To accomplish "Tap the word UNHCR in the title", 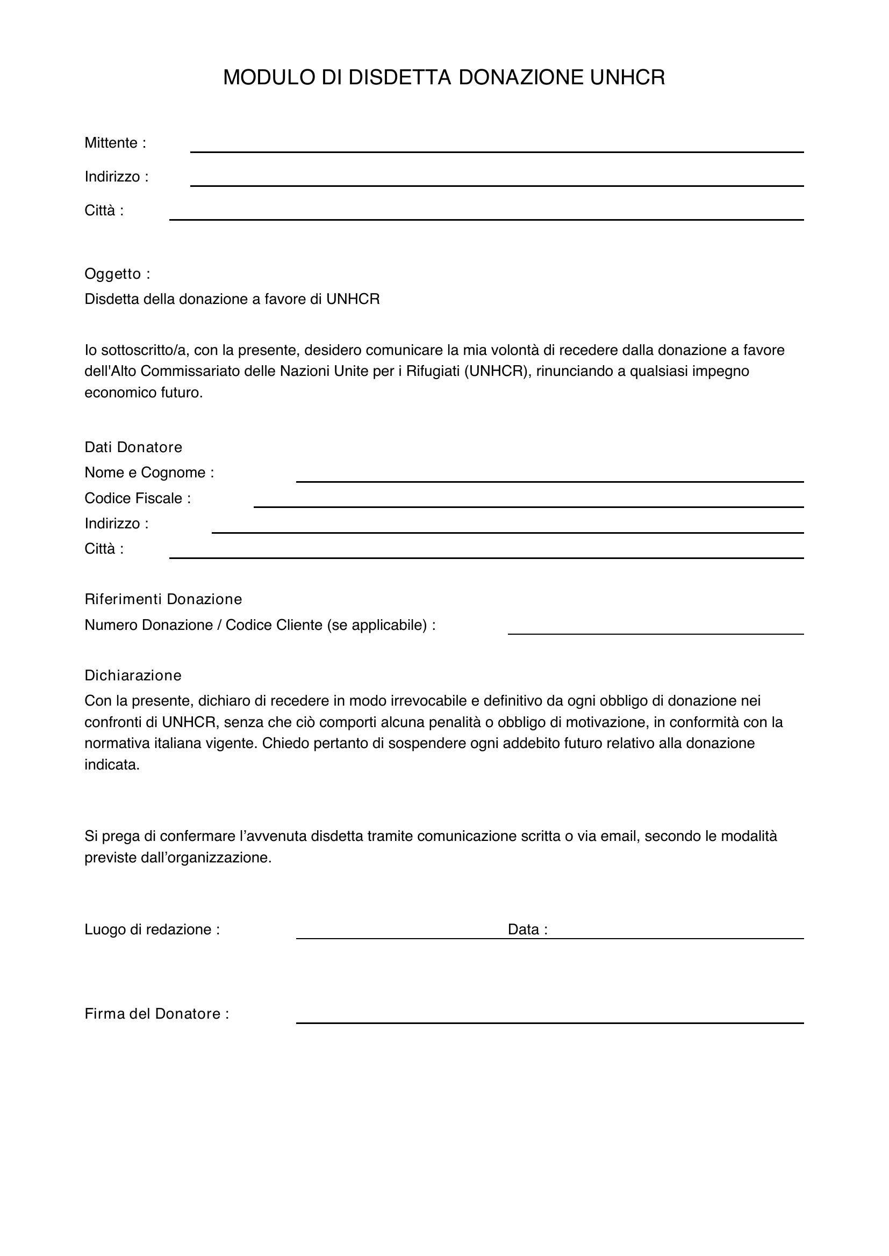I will click(x=627, y=78).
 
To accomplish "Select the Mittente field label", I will click(x=115, y=143).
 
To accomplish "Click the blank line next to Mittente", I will click(x=496, y=148).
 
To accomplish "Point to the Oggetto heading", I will click(x=117, y=273).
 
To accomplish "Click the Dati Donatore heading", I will click(x=133, y=447).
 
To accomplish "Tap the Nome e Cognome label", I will click(x=149, y=472).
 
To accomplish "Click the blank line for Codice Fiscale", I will click(x=528, y=503).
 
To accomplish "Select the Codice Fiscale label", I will click(x=137, y=498).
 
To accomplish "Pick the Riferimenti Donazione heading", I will click(x=163, y=599).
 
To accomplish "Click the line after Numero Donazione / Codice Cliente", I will click(x=655, y=630).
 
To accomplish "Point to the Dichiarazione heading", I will click(x=133, y=675).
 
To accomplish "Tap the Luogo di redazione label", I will click(x=152, y=930).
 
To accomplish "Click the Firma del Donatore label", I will click(x=156, y=1014).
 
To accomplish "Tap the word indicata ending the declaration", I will click(x=112, y=764).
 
